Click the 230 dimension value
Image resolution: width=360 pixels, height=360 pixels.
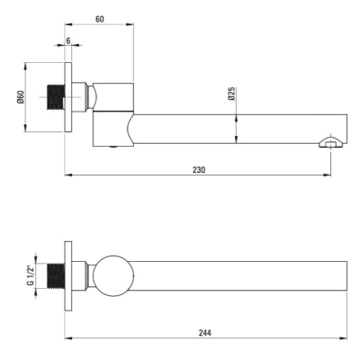point(199,170)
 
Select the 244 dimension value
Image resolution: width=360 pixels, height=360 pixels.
point(205,333)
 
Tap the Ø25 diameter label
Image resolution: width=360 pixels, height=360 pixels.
point(231,94)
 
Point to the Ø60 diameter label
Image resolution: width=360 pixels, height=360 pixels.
point(21,97)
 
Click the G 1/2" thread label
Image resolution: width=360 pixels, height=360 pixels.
point(31,275)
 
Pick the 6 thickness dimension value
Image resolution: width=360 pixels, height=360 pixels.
point(68,40)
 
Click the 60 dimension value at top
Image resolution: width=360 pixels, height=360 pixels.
point(100,19)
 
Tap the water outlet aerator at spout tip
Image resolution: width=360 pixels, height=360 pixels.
point(331,142)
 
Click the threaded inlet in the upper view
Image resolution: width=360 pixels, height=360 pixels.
point(56,97)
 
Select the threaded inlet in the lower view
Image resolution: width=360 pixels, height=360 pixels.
point(56,276)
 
